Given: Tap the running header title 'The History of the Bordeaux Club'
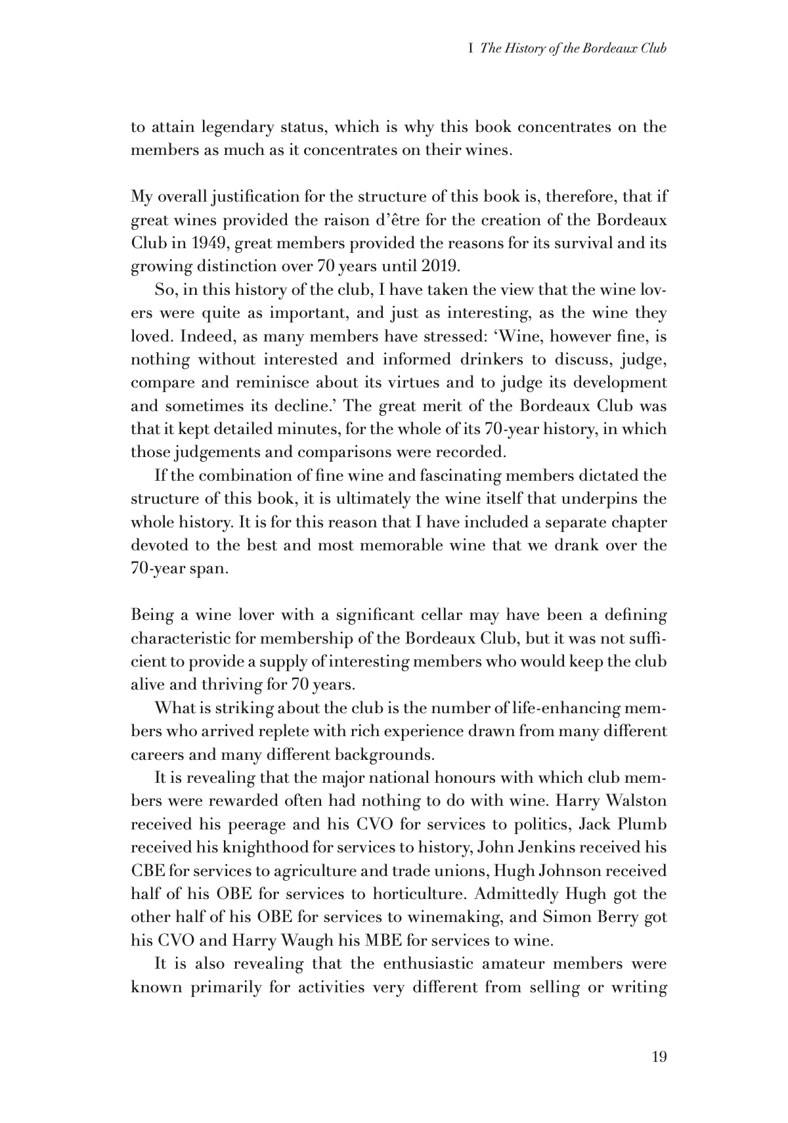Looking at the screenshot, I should [x=574, y=49].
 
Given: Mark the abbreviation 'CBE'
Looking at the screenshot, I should [x=148, y=871].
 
